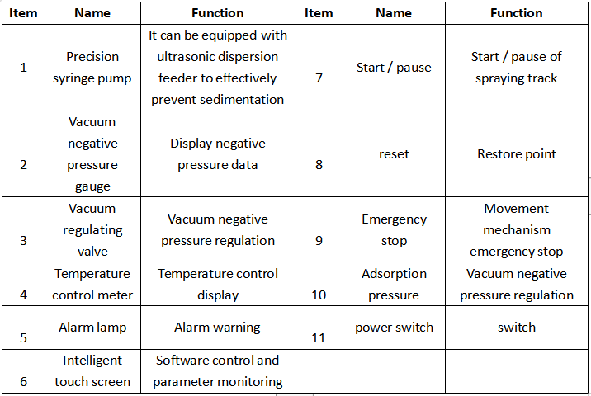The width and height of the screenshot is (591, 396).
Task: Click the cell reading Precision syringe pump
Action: point(92,68)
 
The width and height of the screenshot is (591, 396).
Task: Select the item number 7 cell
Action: point(319,68)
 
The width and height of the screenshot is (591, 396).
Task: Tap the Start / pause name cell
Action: point(394,68)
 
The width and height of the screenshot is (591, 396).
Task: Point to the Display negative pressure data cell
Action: point(218,153)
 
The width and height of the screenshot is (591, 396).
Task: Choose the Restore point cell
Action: point(517,153)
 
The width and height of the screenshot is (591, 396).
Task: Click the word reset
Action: point(394,154)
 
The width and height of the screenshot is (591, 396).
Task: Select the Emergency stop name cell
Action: point(394,229)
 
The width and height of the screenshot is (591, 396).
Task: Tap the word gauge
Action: point(92,187)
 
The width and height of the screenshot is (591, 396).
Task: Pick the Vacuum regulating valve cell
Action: point(92,229)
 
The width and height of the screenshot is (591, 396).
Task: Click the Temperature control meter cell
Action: point(92,284)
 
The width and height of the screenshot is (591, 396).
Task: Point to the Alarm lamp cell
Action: point(92,328)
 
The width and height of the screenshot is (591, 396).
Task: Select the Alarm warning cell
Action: point(218,328)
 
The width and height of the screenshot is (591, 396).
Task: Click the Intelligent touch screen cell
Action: point(92,371)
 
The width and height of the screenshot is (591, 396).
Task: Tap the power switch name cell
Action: point(394,328)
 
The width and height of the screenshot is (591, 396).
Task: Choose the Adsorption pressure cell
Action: point(394,284)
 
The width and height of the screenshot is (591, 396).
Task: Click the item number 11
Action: point(319,338)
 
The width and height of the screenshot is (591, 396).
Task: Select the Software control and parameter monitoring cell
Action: point(218,371)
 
